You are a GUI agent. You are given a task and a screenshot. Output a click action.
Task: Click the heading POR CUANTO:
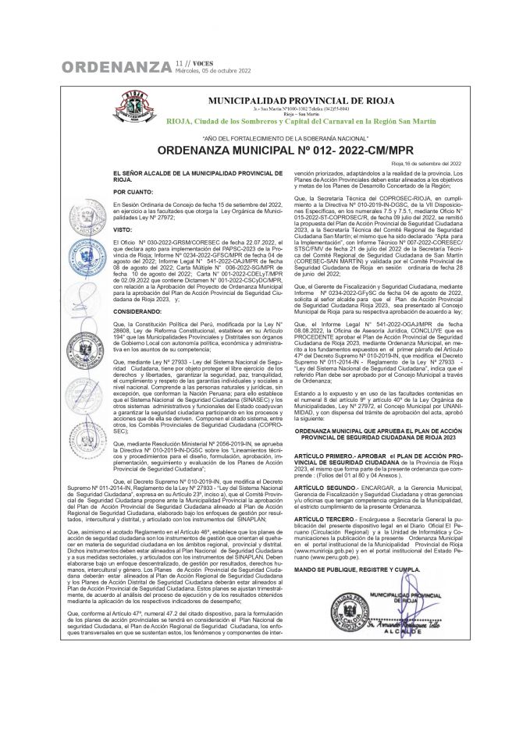(130, 190)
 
